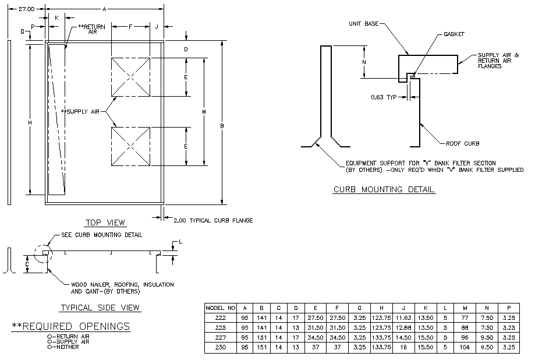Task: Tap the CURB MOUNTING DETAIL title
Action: (x=384, y=189)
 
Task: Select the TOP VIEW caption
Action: (x=105, y=222)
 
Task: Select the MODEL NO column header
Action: (x=221, y=307)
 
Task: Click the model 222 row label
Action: (x=221, y=317)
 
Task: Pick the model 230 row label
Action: (x=221, y=348)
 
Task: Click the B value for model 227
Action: (x=262, y=338)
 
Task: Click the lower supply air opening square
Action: (x=131, y=146)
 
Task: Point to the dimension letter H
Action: (x=29, y=122)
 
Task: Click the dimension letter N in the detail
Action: (x=364, y=61)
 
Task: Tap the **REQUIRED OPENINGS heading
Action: (x=71, y=326)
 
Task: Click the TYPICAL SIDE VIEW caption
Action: (x=100, y=308)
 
